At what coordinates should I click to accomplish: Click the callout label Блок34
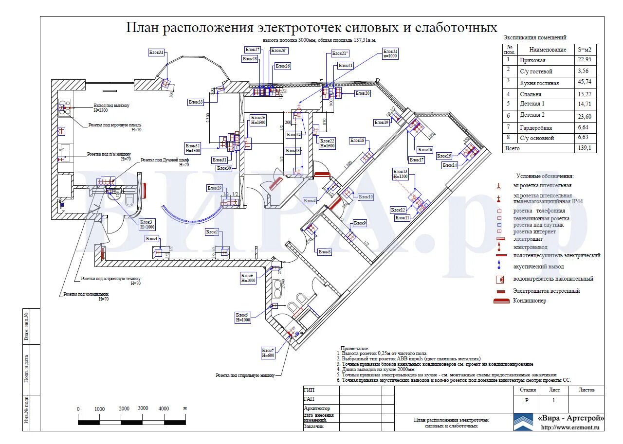click(156, 53)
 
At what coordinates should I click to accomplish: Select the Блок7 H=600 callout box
click(268, 353)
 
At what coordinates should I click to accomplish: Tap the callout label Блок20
click(363, 93)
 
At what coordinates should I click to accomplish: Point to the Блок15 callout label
click(444, 156)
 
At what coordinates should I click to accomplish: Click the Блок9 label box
click(360, 223)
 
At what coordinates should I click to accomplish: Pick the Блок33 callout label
click(196, 102)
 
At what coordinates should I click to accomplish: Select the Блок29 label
click(215, 188)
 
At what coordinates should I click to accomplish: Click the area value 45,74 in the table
click(585, 83)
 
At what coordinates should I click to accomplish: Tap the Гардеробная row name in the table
click(536, 128)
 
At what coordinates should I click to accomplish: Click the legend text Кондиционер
click(530, 301)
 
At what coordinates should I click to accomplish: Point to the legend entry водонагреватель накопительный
click(553, 279)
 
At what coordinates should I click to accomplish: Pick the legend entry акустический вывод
click(538, 267)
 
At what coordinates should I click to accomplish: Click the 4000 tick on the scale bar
click(164, 408)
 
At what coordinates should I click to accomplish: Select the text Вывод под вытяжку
click(111, 106)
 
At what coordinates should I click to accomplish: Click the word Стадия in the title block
click(528, 390)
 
